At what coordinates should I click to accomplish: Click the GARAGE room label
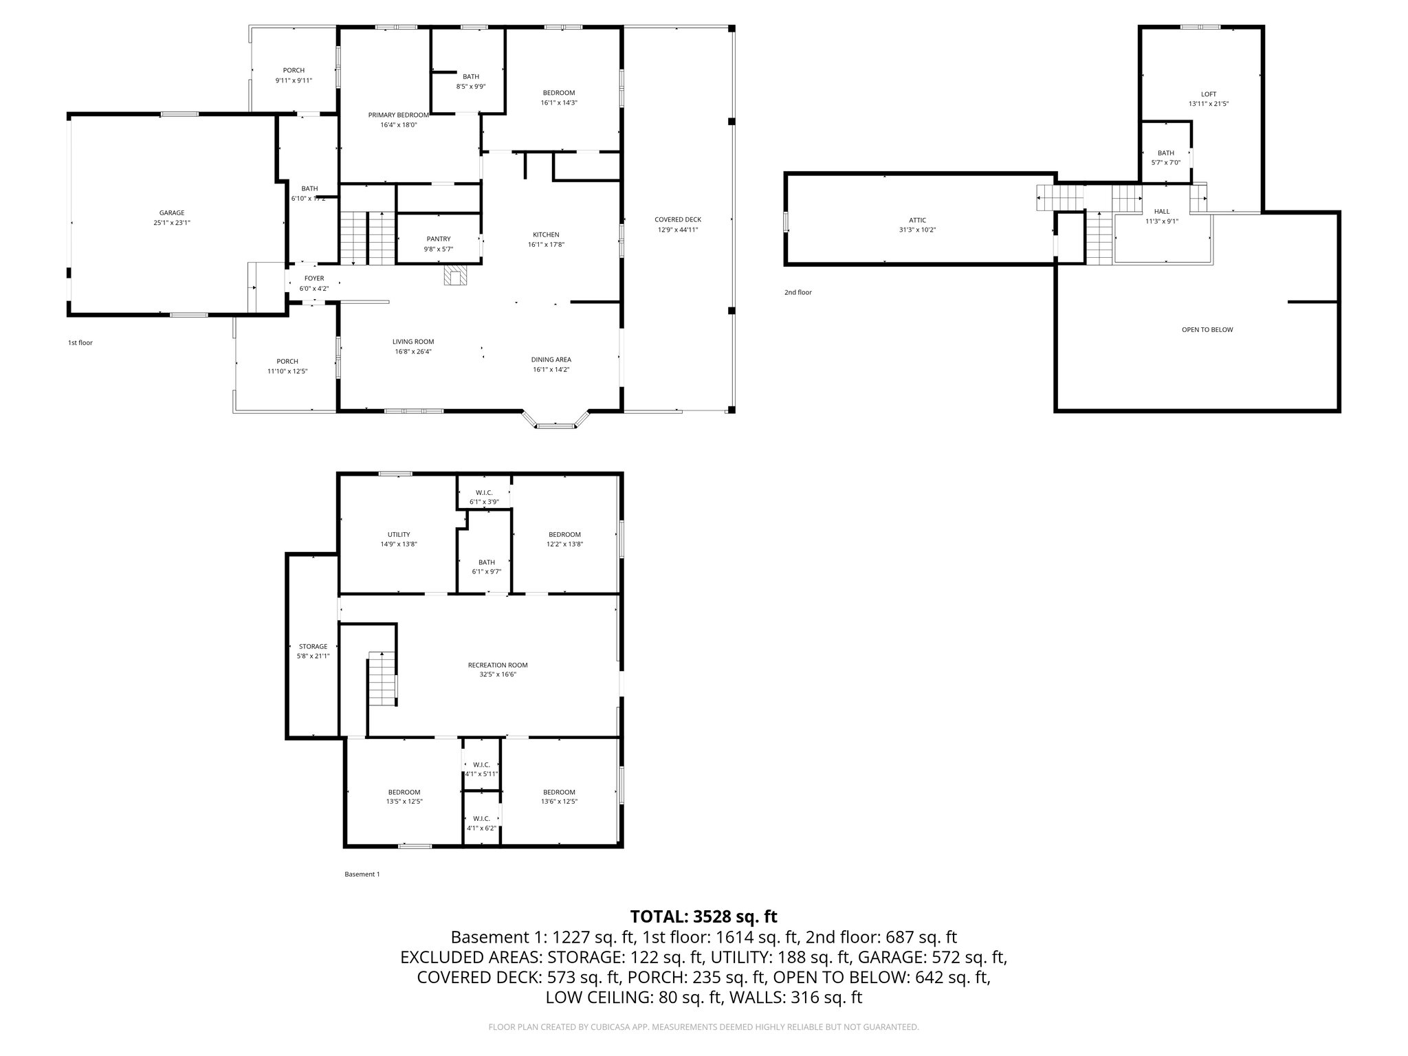click(x=172, y=213)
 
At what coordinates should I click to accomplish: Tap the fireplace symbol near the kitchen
click(x=454, y=276)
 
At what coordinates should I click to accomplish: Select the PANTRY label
click(x=438, y=239)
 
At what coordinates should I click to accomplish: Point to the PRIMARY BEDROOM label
click(x=398, y=115)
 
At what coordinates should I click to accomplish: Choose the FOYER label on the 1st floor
click(x=314, y=278)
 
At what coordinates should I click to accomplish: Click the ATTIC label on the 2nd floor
click(x=917, y=220)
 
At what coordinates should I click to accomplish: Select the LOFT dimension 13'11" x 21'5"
click(x=1208, y=104)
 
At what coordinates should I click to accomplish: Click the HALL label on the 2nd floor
click(x=1161, y=212)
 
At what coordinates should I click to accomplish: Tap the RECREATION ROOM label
click(x=498, y=665)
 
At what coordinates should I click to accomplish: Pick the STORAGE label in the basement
click(x=313, y=646)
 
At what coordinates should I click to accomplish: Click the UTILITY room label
click(x=399, y=534)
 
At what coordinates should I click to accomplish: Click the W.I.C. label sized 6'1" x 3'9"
click(x=484, y=492)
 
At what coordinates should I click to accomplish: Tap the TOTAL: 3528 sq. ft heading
click(x=703, y=916)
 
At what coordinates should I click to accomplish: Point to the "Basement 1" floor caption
click(x=362, y=874)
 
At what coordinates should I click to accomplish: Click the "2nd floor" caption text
click(x=797, y=292)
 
